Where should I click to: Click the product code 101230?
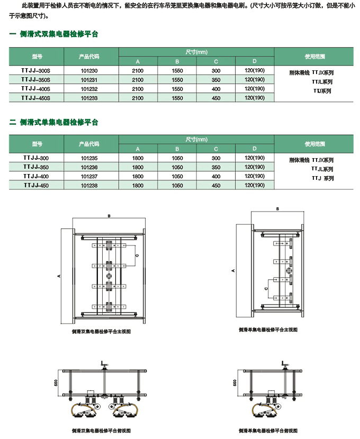(89, 70)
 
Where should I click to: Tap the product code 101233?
(89, 98)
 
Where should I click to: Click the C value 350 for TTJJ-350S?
(215, 79)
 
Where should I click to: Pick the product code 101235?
(89, 158)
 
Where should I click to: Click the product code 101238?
(89, 186)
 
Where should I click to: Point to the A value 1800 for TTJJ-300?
(138, 158)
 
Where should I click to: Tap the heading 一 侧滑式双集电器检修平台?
(54, 34)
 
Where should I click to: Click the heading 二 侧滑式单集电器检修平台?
(54, 122)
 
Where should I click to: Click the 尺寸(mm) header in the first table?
(196, 51)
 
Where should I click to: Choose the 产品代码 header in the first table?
(89, 56)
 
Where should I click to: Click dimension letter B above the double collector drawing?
(109, 216)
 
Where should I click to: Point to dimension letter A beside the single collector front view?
(233, 270)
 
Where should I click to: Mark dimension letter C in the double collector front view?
(137, 255)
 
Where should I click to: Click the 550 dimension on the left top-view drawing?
(56, 383)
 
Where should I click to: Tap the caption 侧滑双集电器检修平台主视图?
(101, 332)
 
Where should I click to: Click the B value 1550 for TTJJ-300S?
(177, 70)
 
